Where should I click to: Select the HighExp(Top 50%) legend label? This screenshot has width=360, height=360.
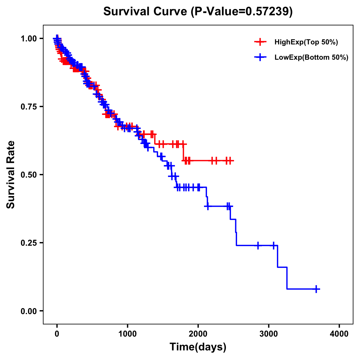pos(306,42)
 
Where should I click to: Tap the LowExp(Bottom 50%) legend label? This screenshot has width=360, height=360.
pos(311,58)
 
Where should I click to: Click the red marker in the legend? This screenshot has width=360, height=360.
pos(260,42)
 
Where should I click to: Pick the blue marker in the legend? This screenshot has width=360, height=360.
pos(260,57)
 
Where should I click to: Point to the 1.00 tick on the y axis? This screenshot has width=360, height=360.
pos(28,39)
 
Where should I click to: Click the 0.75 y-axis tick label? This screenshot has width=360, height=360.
pos(28,107)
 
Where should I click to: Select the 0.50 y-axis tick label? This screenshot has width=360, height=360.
pos(28,175)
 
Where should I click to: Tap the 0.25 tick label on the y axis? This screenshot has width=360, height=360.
pos(28,243)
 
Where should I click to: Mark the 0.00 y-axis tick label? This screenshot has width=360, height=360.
pos(28,311)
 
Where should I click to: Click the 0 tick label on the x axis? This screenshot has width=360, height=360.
pos(57,334)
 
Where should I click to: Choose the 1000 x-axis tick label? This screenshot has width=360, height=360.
pos(127,334)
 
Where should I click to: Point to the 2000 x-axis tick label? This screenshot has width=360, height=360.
pos(198,334)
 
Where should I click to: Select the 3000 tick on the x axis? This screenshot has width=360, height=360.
pos(269,334)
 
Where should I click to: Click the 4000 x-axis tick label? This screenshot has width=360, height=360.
pos(339,334)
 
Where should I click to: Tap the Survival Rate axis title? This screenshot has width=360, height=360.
pos(11,175)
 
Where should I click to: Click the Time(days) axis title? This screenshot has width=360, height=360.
pos(198,347)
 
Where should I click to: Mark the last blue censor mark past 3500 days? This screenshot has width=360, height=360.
pos(316,289)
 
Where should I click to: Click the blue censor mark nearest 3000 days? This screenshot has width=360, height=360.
pos(274,245)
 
